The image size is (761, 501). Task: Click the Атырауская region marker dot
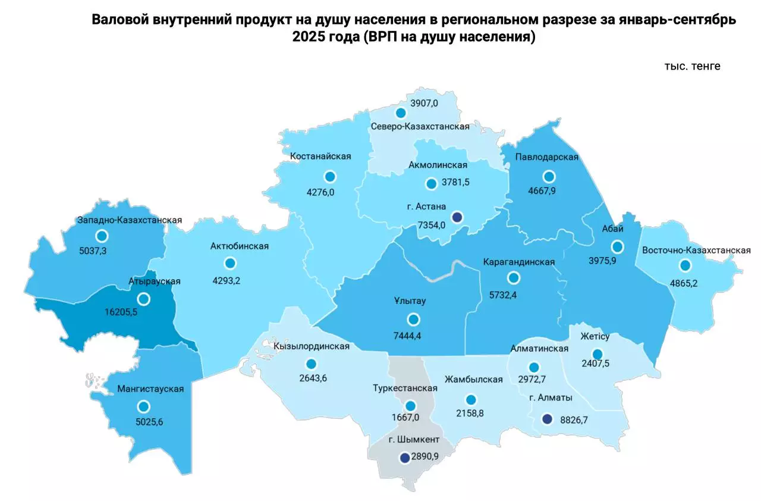coord(143,299)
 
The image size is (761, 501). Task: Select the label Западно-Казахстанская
coord(130,220)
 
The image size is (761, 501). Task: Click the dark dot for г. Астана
coord(457,217)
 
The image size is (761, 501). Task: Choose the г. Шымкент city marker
coord(405,458)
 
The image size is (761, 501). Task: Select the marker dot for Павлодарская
coord(549,177)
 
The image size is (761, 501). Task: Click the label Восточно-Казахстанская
coord(696,250)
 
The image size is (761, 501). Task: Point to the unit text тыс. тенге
coord(692,66)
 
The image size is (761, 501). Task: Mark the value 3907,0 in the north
coord(424,103)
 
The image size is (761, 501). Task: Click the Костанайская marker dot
coord(330,177)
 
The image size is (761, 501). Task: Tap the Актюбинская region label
coord(240,246)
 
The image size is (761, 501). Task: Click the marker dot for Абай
coord(618,246)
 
